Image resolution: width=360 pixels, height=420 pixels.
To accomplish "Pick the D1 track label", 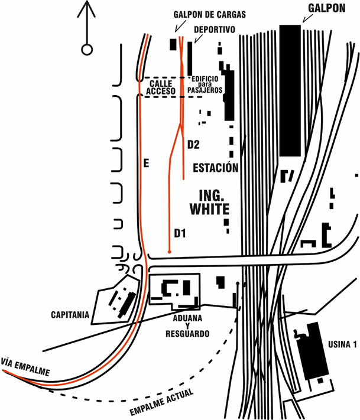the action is [x=180, y=234].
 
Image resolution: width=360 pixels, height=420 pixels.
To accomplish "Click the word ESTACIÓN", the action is [x=215, y=168].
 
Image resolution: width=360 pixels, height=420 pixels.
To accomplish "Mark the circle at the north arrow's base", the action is [x=87, y=50].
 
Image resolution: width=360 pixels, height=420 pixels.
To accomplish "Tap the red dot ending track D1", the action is [x=170, y=252].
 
